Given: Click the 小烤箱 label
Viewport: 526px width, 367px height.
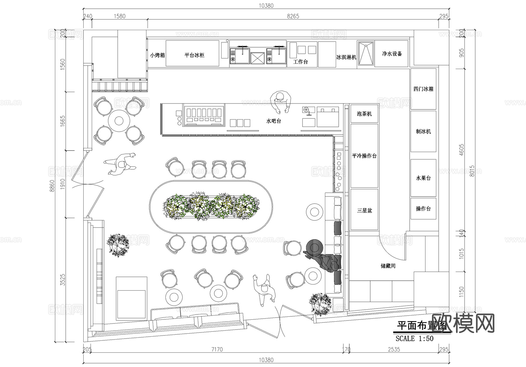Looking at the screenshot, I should (158, 55).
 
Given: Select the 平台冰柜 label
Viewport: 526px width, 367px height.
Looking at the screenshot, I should (194, 55).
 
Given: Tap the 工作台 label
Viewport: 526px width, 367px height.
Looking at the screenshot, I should (301, 62).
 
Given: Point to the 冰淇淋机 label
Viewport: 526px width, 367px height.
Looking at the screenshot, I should (346, 57).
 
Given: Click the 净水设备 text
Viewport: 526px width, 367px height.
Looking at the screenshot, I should (392, 54).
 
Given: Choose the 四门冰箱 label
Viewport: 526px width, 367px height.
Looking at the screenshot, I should (423, 89).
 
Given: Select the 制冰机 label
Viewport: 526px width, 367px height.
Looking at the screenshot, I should (423, 131).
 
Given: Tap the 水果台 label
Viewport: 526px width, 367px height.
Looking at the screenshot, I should (423, 178).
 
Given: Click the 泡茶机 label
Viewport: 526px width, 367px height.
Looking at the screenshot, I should (364, 114).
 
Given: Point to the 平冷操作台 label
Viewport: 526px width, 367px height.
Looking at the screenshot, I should (364, 156).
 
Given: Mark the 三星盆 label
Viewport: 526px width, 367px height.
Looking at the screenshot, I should (364, 210).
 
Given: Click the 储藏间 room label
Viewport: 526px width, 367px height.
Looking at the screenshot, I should (388, 266).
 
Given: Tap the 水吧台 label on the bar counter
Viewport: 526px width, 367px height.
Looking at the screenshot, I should (274, 121).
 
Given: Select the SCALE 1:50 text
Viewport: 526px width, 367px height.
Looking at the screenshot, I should (414, 339).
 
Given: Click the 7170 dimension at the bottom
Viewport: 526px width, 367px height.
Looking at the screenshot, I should (217, 349).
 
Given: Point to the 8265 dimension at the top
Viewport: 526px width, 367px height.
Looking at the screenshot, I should (293, 16).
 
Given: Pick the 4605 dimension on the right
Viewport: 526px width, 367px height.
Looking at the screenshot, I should (461, 150).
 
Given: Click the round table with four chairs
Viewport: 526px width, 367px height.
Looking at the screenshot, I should (119, 121).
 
